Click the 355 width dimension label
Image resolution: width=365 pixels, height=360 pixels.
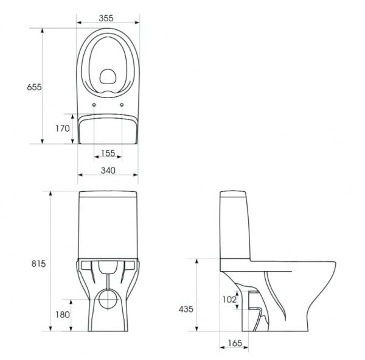[106, 18]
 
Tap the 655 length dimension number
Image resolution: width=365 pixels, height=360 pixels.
[34, 87]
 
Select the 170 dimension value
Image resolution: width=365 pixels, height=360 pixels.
[63, 129]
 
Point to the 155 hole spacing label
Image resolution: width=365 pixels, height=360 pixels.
[108, 153]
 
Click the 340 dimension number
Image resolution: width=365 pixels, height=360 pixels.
[108, 171]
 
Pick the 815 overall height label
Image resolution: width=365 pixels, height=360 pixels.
[38, 264]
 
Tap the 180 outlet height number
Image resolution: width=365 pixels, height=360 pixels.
[63, 315]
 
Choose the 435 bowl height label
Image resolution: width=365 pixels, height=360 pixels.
[186, 309]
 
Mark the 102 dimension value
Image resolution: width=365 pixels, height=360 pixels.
[229, 300]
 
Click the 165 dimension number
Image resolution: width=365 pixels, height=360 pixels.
[235, 343]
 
